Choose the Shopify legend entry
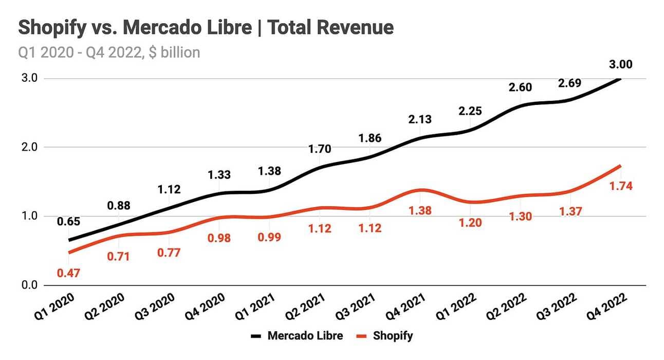393,336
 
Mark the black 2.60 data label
520,87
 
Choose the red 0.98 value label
219,238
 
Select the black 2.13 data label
419,119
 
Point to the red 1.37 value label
570,211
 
